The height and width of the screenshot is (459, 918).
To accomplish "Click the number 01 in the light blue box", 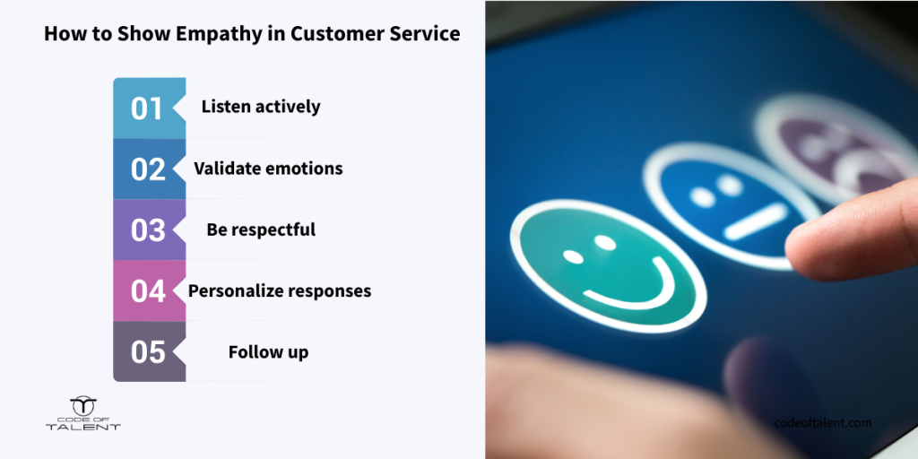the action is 146,108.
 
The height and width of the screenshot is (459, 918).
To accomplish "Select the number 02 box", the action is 150,169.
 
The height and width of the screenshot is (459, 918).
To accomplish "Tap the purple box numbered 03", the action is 150,230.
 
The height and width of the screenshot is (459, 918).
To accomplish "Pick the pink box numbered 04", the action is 150,291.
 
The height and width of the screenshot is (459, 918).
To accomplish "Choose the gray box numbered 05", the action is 150,351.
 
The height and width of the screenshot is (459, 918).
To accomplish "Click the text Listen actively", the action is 261,108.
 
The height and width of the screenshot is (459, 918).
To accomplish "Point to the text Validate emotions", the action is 268,169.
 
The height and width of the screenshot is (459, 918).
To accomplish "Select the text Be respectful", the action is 261,229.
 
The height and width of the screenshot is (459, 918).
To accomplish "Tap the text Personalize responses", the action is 280,291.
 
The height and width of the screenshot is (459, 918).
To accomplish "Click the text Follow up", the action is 269,352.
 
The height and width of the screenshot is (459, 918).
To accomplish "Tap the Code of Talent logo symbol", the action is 83,406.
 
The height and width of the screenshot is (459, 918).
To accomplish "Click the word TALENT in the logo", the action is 83,427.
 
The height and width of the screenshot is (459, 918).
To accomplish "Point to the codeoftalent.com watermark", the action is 823,423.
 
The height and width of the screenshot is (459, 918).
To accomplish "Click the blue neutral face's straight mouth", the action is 756,222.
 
